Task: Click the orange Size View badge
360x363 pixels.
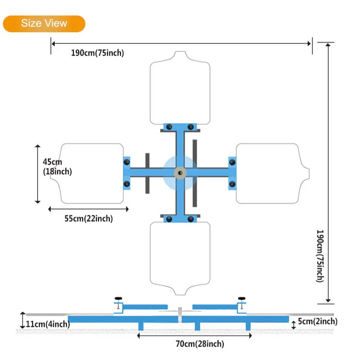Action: coord(44,24)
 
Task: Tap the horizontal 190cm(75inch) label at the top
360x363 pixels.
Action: coord(97,53)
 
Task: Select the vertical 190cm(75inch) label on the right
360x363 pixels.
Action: coord(320,256)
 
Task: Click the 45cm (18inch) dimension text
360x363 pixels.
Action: coord(57,167)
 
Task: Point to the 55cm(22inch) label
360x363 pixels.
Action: coord(89,218)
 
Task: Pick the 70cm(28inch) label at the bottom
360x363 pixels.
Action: coord(200,344)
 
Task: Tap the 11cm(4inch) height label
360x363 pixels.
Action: coord(48,324)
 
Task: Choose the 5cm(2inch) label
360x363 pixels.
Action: coord(318,321)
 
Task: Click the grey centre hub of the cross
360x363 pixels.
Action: coord(180,173)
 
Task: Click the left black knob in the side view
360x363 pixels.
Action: coord(118,298)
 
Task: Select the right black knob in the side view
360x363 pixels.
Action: coord(241,298)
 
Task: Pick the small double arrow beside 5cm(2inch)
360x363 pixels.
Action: coord(293,325)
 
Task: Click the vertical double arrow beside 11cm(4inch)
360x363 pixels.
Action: coord(23,320)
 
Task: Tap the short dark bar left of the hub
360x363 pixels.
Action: coord(147,173)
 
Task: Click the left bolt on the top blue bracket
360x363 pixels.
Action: coord(169,127)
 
